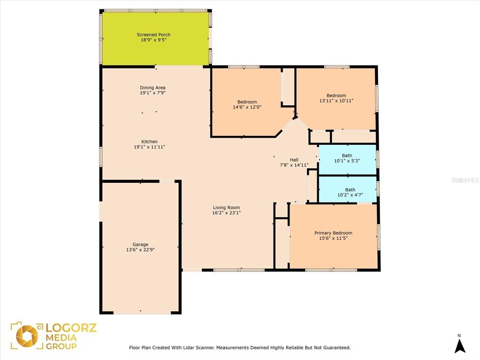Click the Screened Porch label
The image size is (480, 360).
pos(153,35)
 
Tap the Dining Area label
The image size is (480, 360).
pos(152,88)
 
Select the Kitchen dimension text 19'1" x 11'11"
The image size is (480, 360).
pos(150,147)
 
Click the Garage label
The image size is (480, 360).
pos(140,244)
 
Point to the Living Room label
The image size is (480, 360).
pos(226,208)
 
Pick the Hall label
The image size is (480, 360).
pos(294,160)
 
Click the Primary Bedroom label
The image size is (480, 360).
pos(333,233)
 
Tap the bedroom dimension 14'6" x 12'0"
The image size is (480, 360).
pos(247,107)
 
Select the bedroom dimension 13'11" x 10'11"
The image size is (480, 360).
pos(336,101)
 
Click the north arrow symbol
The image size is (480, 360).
pos(459,345)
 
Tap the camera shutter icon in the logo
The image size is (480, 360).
pos(27,336)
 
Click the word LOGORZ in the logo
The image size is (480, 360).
pos(71,328)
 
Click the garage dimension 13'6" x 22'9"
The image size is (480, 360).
pos(140,250)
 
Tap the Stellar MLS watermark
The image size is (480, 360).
pos(465,180)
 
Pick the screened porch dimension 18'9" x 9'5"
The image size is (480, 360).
pos(153,40)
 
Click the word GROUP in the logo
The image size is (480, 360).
pos(61,346)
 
